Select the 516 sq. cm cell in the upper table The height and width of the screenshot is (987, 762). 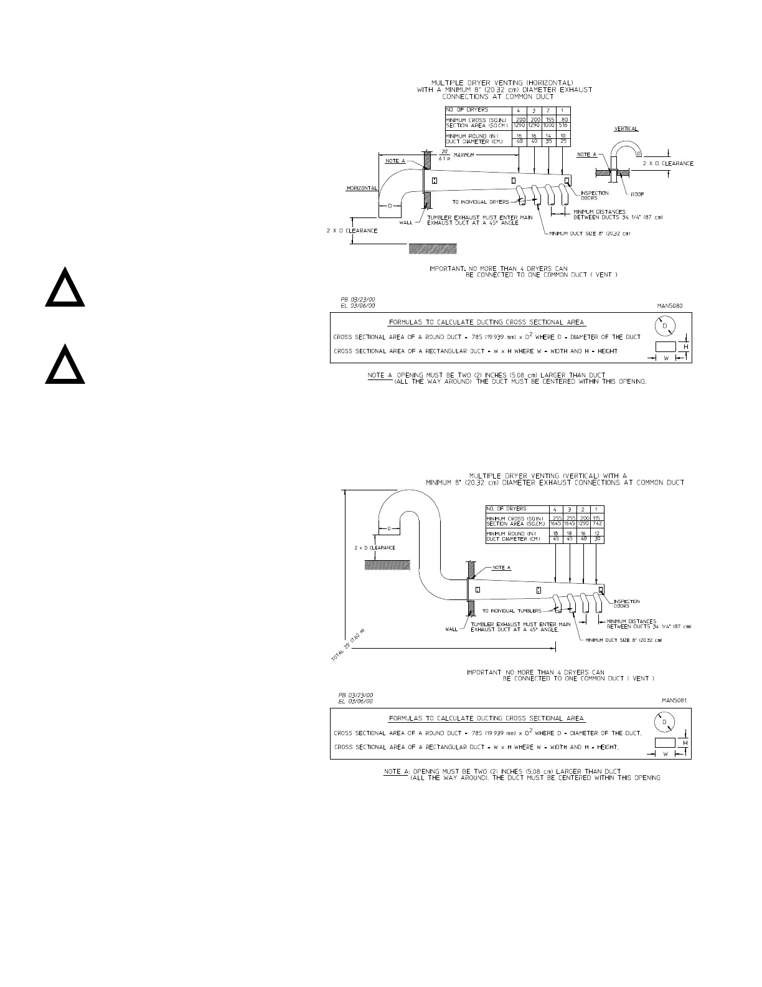[563, 125]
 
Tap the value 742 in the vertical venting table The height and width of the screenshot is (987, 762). [596, 524]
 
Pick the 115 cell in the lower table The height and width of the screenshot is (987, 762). [596, 518]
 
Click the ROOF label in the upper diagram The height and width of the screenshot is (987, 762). [637, 194]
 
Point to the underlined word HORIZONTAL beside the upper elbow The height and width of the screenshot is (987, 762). [362, 188]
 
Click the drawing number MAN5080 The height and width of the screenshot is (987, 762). [670, 306]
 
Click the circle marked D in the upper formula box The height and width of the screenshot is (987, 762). [664, 327]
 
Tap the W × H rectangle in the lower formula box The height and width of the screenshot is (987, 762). [666, 742]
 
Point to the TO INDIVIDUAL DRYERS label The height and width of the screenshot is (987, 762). [481, 202]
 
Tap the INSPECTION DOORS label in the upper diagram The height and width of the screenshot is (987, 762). [594, 196]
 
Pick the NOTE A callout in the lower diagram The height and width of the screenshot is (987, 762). [501, 568]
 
